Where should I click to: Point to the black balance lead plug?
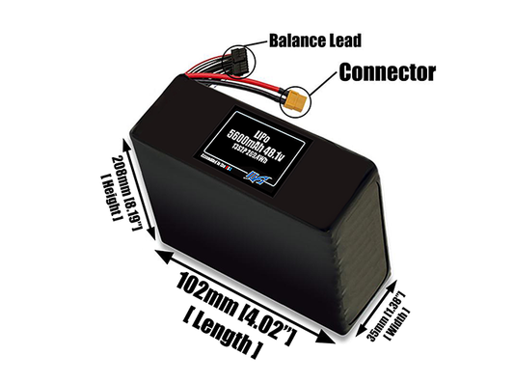pos(237,61)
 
